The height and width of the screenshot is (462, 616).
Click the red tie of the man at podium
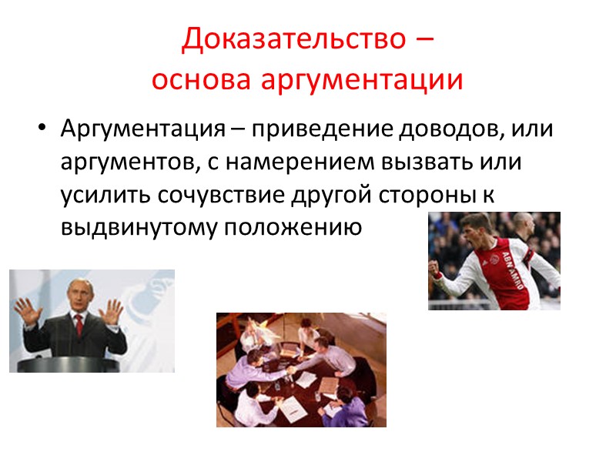pos(78,326)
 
